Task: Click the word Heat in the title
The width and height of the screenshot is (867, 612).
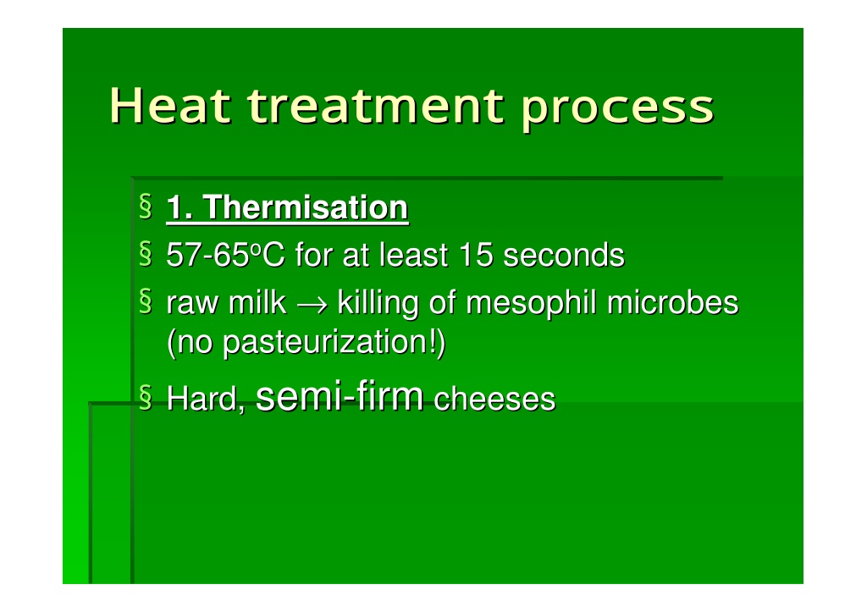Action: [169, 105]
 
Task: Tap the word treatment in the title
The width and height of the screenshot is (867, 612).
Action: [375, 105]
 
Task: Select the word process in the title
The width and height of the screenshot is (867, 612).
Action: [617, 109]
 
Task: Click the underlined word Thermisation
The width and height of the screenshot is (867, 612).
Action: [305, 207]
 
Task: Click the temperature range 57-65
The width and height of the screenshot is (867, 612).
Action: [208, 255]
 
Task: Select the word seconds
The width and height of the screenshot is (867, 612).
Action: [564, 255]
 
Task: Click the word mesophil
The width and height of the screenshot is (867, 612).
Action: [531, 304]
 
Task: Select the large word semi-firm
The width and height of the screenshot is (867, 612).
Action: [340, 396]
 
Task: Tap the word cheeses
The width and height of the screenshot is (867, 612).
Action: [494, 400]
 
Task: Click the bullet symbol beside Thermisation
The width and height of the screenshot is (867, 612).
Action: [146, 207]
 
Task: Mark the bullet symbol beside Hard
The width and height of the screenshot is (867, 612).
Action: [146, 398]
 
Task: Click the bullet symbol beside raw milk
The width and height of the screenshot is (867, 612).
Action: [146, 301]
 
